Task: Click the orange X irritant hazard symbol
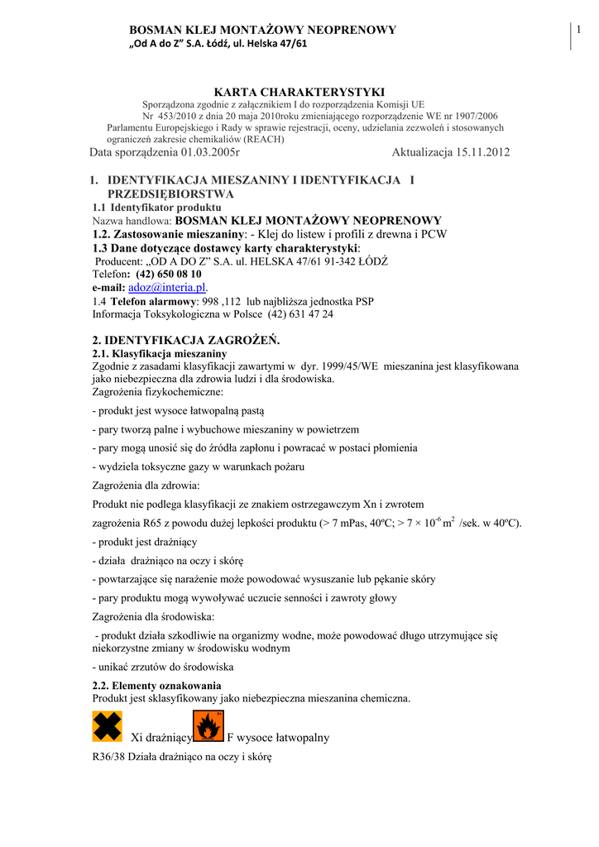point(107,726)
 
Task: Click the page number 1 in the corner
point(580,31)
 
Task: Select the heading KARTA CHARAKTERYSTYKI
point(299,92)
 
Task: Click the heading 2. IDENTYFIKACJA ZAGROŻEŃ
point(186,340)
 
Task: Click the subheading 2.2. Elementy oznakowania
point(156,686)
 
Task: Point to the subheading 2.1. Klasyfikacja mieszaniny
point(160,353)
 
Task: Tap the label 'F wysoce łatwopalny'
point(278,737)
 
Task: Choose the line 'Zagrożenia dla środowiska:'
point(153,616)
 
